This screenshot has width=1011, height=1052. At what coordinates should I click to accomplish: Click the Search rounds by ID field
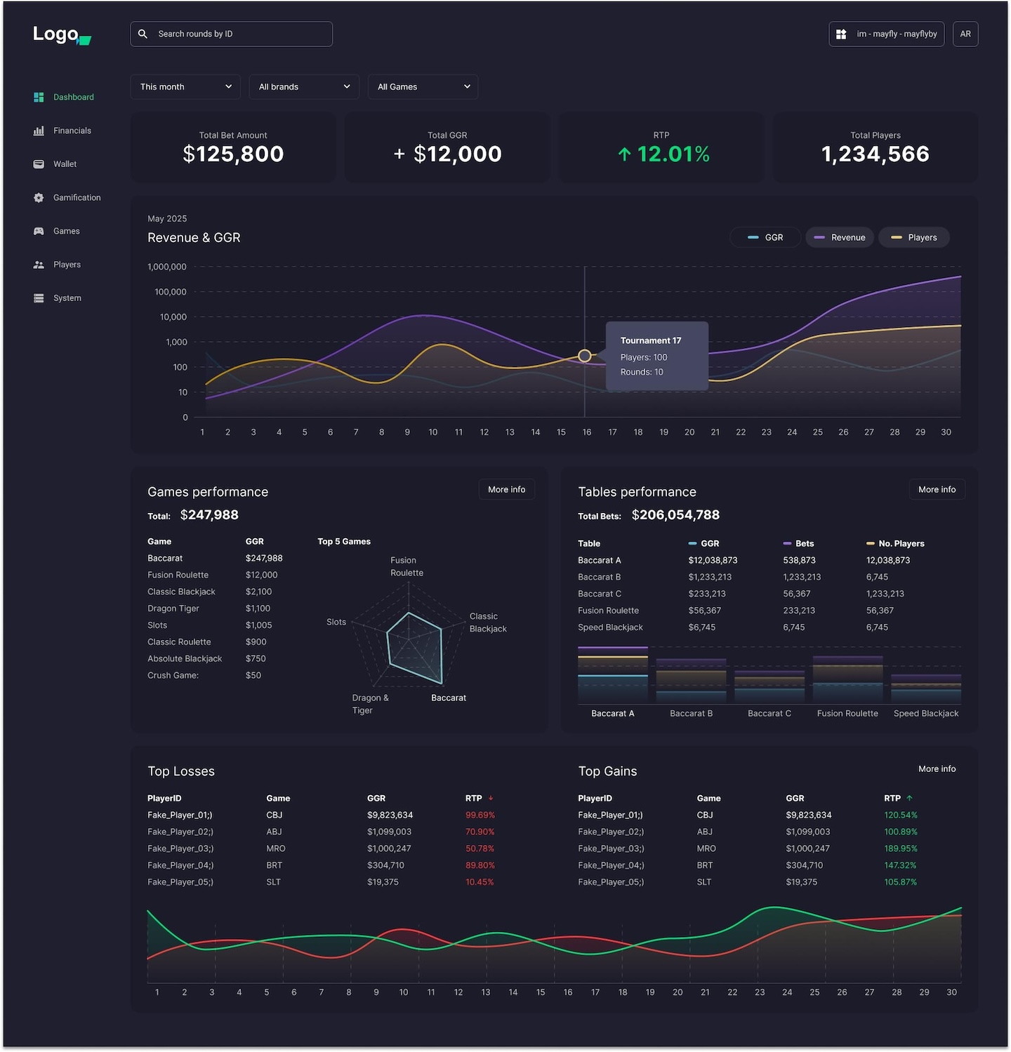232,34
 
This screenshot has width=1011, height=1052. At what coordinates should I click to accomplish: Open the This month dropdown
185,86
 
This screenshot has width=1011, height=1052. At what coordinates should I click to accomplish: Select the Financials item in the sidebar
72,131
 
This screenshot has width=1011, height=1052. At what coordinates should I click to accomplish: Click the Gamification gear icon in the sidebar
39,198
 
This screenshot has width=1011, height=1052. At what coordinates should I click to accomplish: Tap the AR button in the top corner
965,34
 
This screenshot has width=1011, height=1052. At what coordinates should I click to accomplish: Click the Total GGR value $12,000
457,154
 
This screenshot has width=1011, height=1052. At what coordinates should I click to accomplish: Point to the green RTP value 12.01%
673,154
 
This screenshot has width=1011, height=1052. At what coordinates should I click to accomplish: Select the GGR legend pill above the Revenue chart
765,237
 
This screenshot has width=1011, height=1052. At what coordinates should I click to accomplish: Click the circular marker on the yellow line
584,356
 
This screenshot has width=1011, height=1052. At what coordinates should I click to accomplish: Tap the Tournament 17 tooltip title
650,340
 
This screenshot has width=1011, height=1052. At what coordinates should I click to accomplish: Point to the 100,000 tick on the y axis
171,292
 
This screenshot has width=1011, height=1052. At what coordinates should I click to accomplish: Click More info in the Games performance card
506,489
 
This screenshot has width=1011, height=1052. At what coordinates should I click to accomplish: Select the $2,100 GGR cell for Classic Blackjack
258,592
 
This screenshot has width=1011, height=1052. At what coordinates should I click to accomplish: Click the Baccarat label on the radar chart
448,698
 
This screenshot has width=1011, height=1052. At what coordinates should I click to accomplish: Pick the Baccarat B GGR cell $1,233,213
710,577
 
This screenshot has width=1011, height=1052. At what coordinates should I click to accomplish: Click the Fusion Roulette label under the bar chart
847,713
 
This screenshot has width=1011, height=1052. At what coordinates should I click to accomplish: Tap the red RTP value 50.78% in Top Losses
480,848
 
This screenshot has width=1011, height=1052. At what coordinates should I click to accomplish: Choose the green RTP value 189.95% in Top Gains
901,848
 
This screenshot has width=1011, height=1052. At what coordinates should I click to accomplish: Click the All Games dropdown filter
423,86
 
